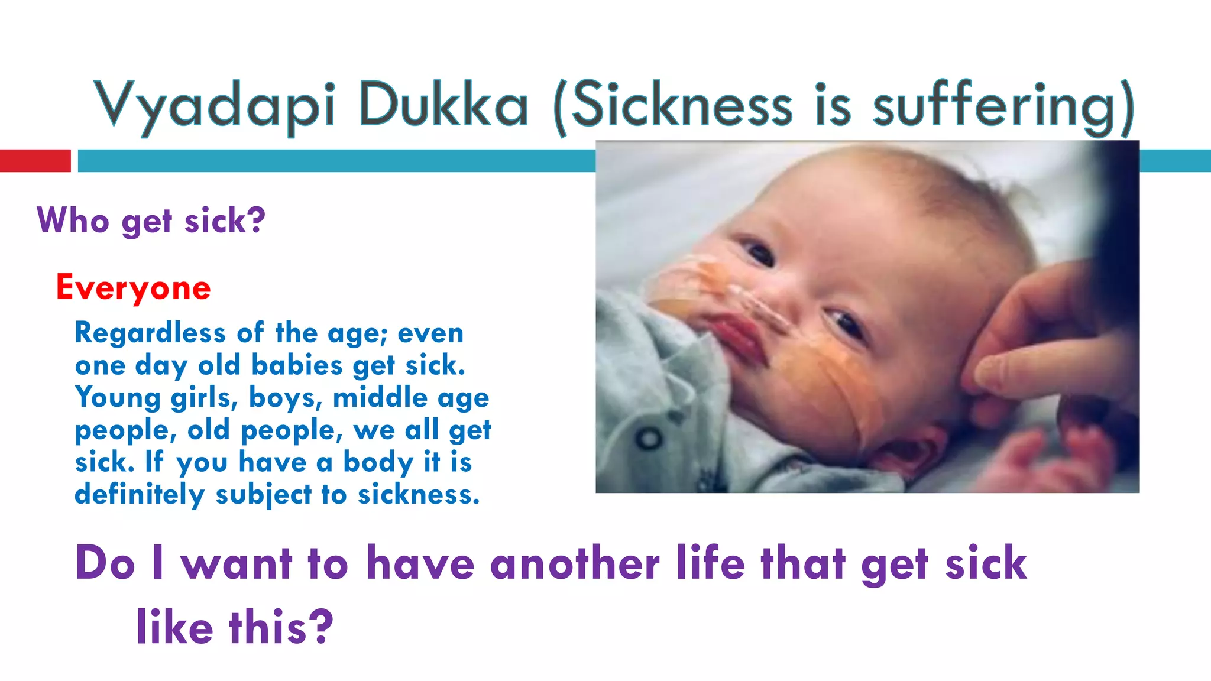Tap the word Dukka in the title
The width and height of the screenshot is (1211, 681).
tap(443, 105)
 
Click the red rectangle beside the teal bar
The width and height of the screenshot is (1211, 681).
tap(35, 161)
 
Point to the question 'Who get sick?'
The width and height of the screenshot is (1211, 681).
tap(151, 220)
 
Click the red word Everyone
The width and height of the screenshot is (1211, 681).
tap(134, 288)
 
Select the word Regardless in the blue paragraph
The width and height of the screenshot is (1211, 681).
tap(150, 333)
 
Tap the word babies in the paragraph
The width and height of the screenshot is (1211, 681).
tap(297, 365)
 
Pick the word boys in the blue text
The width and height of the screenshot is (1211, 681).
tap(286, 398)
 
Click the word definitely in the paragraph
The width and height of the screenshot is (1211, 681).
tap(140, 494)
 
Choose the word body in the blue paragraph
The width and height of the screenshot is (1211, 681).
tap(378, 462)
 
